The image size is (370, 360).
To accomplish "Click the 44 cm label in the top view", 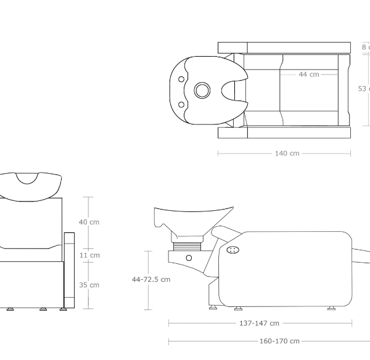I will [x=309, y=75].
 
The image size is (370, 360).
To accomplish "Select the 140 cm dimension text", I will [x=287, y=153].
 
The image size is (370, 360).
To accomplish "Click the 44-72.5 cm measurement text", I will [x=151, y=279].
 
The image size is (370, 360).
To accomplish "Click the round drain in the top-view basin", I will [x=202, y=91].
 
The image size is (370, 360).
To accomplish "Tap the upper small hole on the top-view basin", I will [x=181, y=79].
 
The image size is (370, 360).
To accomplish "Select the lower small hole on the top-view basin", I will [x=181, y=104].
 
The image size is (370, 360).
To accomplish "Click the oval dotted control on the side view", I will [x=233, y=250].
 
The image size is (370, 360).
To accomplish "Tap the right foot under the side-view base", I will [x=331, y=308].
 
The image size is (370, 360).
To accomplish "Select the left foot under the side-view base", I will [x=213, y=306].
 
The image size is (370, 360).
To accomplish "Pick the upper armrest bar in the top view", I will [x=284, y=47].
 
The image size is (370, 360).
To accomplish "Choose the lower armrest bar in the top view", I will [x=284, y=133].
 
